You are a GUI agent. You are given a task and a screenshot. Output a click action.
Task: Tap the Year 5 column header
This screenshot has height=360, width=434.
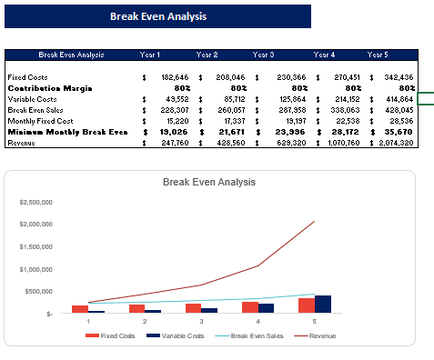point(378,55)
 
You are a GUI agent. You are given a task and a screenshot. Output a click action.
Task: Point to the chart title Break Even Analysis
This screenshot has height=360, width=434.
point(209,183)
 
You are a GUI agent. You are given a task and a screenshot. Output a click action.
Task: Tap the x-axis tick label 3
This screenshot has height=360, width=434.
point(201,321)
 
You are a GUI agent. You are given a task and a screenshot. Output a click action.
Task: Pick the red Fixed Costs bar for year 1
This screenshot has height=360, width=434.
point(80,309)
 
